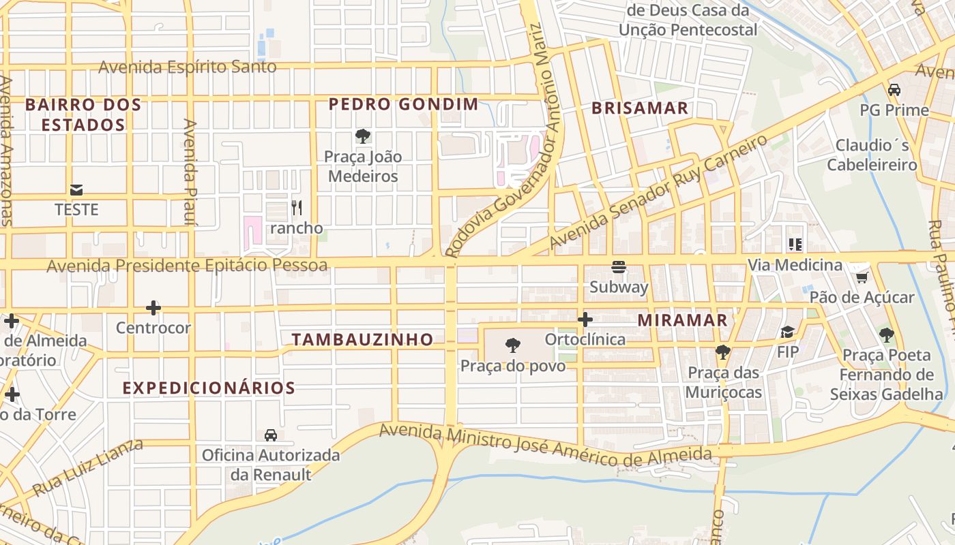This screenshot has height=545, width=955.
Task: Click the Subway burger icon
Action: (x=619, y=266)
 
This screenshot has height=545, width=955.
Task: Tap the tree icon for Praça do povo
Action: (x=513, y=346)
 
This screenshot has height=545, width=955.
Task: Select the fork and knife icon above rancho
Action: (x=296, y=207)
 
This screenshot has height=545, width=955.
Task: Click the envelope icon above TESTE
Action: (x=76, y=190)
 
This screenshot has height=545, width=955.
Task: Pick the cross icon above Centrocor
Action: (x=153, y=308)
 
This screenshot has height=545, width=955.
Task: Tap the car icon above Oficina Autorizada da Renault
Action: (x=271, y=435)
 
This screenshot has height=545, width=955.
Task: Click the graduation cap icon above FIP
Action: (x=788, y=332)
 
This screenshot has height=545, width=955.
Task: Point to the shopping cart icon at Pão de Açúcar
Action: (x=862, y=277)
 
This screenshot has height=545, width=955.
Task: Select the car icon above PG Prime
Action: (x=894, y=90)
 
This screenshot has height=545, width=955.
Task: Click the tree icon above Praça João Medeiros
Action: (x=362, y=136)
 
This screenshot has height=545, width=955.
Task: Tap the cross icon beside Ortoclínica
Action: (x=585, y=320)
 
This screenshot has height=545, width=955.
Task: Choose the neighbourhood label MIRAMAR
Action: (x=682, y=320)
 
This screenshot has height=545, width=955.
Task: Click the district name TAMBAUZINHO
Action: (x=362, y=339)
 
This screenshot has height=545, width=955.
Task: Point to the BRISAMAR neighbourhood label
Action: (x=640, y=108)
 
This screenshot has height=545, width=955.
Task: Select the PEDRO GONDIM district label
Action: (x=403, y=104)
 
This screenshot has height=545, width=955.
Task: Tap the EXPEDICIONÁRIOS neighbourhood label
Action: (x=209, y=388)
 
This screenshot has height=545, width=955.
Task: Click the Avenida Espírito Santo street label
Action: (x=188, y=67)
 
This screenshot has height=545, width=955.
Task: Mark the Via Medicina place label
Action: (x=795, y=265)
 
